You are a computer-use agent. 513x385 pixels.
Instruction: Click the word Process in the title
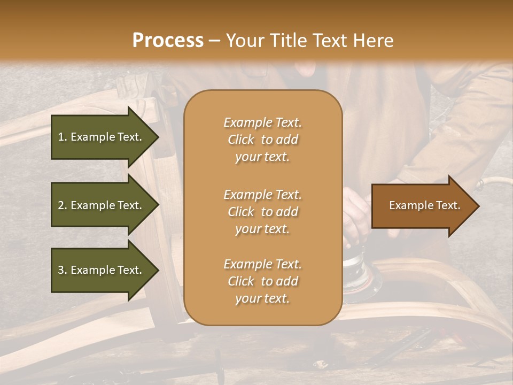168,41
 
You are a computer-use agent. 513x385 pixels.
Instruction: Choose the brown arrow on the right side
422,206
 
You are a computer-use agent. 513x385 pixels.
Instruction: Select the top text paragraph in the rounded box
262,140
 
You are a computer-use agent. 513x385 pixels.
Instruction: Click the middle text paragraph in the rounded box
262,212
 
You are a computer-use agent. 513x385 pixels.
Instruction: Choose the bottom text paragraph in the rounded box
262,281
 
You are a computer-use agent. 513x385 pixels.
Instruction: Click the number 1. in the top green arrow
63,137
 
